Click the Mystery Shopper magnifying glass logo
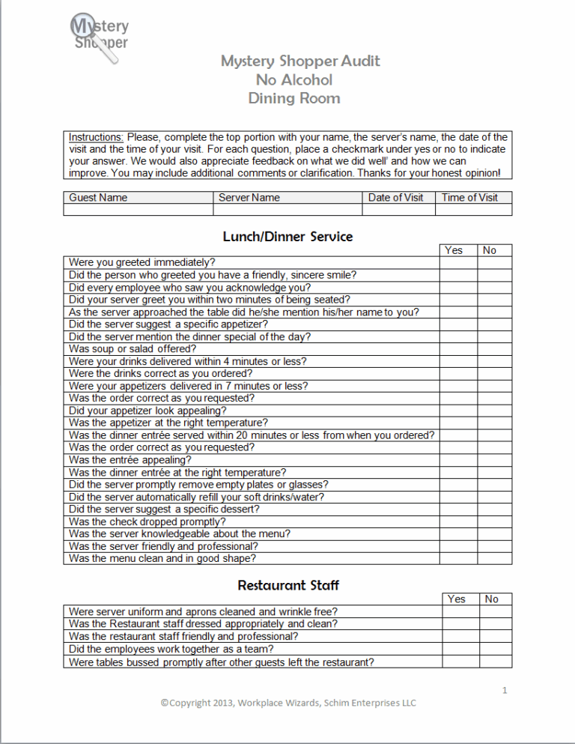[98, 37]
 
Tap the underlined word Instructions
[97, 137]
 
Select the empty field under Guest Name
[138, 210]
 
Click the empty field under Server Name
[287, 210]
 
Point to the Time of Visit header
[475, 198]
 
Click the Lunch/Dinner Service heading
[287, 237]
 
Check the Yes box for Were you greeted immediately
[457, 263]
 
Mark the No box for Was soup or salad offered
[494, 349]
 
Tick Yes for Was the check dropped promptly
[457, 521]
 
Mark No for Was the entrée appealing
[494, 460]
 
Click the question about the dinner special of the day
[189, 337]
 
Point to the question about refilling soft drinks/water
[196, 497]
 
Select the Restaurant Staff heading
[288, 585]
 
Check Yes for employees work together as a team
[460, 649]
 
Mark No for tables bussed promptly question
[495, 662]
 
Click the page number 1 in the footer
[505, 690]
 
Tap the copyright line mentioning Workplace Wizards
[288, 703]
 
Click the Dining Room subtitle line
[294, 98]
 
